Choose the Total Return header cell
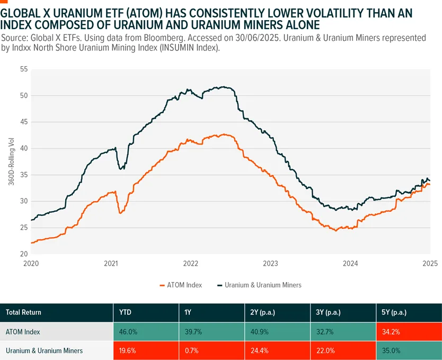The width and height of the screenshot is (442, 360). (x=24, y=312)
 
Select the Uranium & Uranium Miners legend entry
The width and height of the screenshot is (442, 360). (x=259, y=285)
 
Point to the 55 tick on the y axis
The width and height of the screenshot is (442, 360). (x=23, y=69)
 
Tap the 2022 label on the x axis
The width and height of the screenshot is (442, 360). (x=191, y=263)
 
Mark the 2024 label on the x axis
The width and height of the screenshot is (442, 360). (x=350, y=263)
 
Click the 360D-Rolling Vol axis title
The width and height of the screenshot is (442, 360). (x=11, y=161)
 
